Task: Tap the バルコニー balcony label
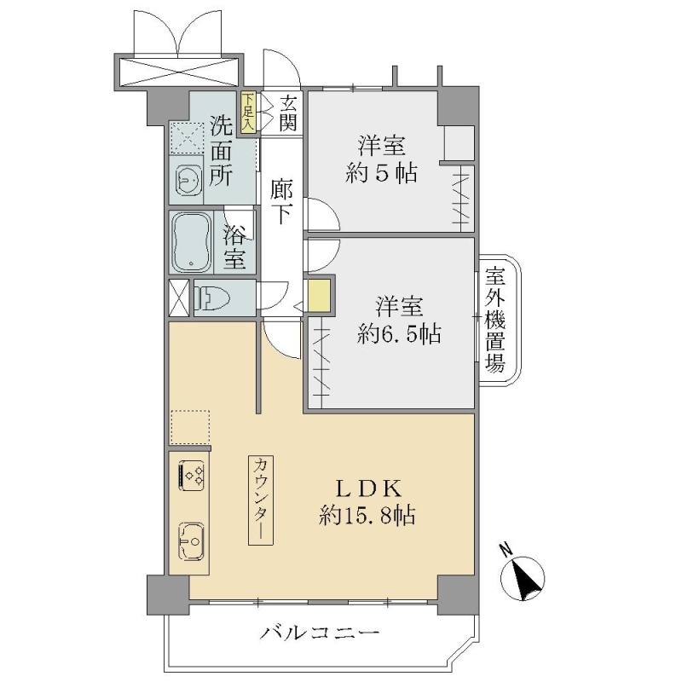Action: pos(320,633)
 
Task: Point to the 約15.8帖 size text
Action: pos(367,517)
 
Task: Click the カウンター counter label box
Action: pos(261,500)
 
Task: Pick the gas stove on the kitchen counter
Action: pos(191,476)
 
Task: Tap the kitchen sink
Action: pos(191,542)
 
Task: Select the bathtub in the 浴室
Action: pos(192,242)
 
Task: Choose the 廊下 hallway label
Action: pos(281,201)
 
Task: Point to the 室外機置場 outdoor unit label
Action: pos(495,320)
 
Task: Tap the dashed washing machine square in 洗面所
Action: pos(187,138)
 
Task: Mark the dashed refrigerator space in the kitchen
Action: pos(190,427)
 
